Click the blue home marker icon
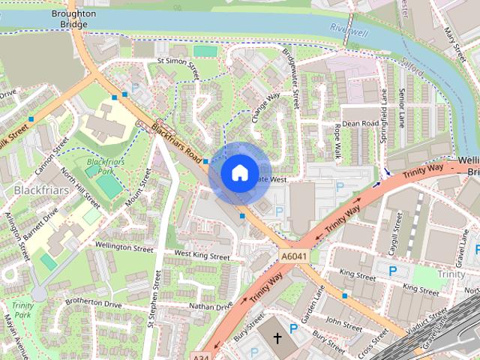(239, 172)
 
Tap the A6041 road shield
(295, 257)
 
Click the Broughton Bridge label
(73, 19)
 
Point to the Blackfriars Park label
(103, 166)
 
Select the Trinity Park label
(22, 310)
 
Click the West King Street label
(202, 256)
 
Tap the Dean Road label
(360, 123)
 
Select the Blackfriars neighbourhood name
(41, 190)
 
